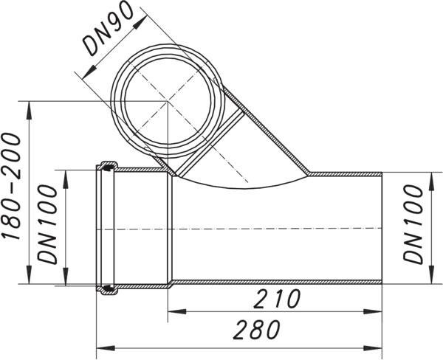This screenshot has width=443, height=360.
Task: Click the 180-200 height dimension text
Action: point(11,187)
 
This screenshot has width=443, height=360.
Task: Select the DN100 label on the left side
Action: point(47,224)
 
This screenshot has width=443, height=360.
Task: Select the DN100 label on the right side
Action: point(413,224)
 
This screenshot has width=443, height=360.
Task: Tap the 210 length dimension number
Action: point(277,299)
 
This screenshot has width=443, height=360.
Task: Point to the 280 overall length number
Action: point(256,329)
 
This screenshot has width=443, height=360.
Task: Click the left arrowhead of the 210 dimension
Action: point(177,311)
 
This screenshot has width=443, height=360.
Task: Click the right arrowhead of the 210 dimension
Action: point(373,311)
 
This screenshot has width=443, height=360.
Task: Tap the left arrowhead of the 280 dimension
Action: point(106,348)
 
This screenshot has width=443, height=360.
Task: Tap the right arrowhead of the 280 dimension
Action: point(373,348)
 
